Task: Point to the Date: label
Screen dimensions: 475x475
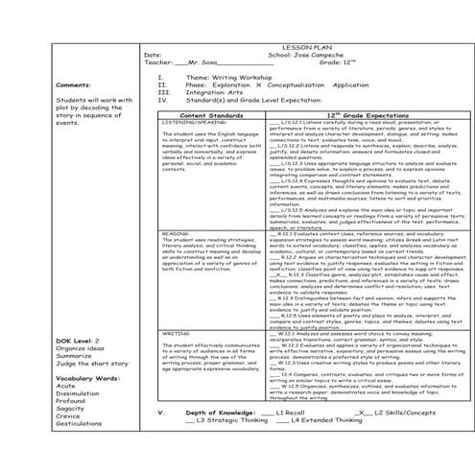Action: [x=153, y=54]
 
